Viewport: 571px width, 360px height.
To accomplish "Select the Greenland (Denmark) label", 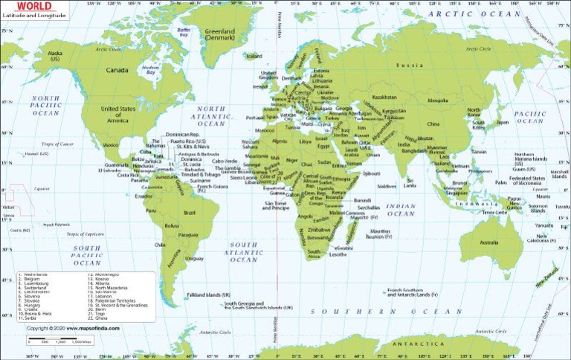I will coord(219,34).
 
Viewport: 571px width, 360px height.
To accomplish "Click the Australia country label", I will coord(488,242).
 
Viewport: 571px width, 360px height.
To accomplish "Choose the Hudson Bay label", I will coord(152,71).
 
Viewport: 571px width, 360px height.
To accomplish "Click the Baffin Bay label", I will coord(183,32).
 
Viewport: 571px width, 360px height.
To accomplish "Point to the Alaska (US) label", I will coord(55,55).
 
